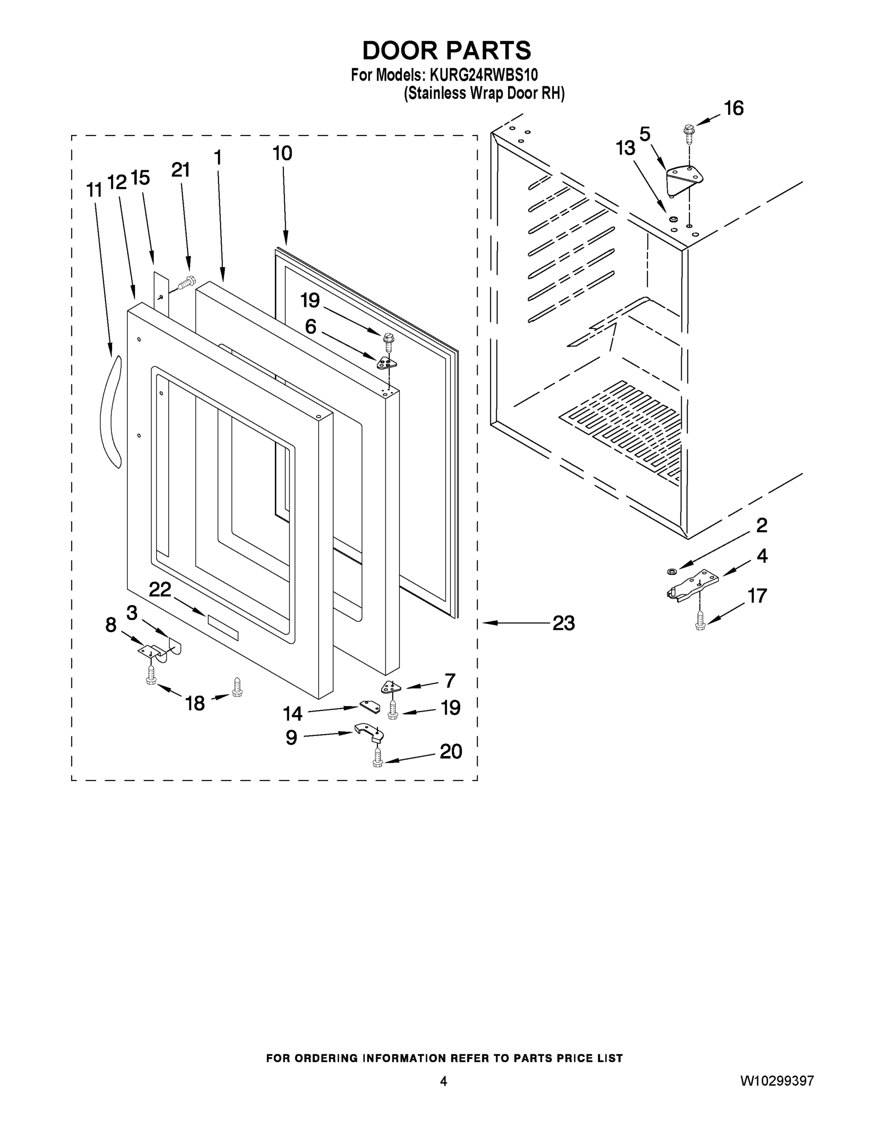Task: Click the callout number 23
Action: (563, 624)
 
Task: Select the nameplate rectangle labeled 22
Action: (223, 627)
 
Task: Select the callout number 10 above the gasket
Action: (282, 154)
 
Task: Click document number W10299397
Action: (777, 1081)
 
